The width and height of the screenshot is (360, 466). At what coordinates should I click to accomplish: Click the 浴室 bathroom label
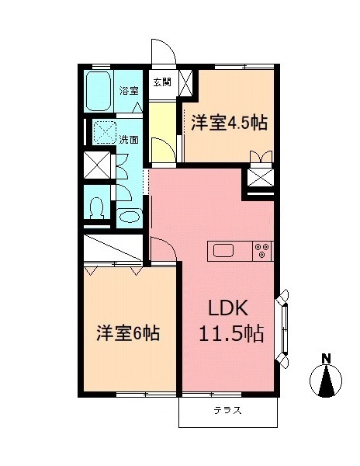coord(129,91)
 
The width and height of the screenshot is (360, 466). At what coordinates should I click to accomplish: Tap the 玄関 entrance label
coord(161,82)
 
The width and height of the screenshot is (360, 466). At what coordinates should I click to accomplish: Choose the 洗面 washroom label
coord(129,140)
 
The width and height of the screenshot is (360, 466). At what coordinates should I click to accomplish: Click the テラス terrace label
coord(228,411)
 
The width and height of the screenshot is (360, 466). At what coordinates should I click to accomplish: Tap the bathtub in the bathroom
coord(99,92)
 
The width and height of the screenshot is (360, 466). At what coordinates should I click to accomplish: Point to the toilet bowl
coord(96,207)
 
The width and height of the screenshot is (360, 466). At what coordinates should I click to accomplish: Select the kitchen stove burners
coord(261,250)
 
